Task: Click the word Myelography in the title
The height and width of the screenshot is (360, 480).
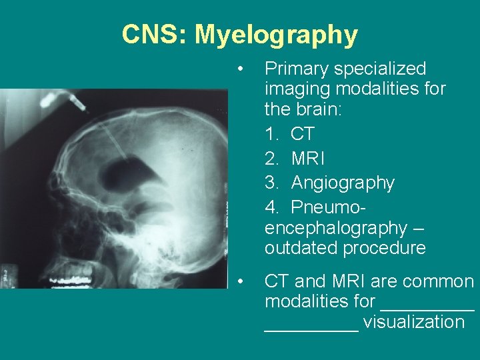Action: (x=276, y=35)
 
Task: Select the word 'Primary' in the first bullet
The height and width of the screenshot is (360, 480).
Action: (x=298, y=69)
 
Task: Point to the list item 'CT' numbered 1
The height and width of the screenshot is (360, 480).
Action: (x=302, y=134)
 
